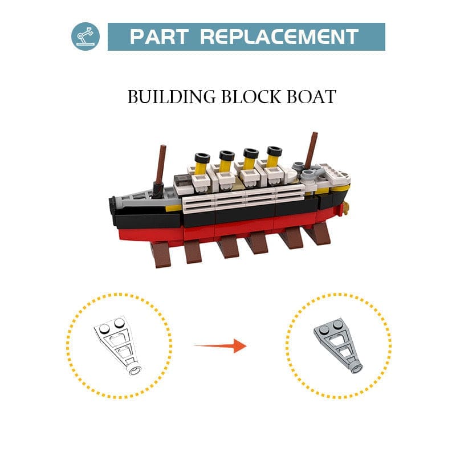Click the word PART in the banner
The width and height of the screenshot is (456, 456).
[x=159, y=36]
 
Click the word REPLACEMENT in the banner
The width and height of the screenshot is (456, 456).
[x=279, y=36]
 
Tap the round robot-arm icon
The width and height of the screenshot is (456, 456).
[x=85, y=36]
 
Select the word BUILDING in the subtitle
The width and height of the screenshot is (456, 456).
[x=172, y=96]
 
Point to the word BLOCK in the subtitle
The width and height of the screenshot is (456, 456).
[x=251, y=96]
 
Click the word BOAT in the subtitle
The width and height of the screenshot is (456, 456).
[x=311, y=96]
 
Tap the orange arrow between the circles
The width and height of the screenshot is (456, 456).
[x=221, y=346]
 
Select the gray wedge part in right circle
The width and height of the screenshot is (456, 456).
[x=338, y=345]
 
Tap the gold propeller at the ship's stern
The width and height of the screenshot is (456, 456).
[x=345, y=208]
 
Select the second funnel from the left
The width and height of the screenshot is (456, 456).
[x=226, y=161]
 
